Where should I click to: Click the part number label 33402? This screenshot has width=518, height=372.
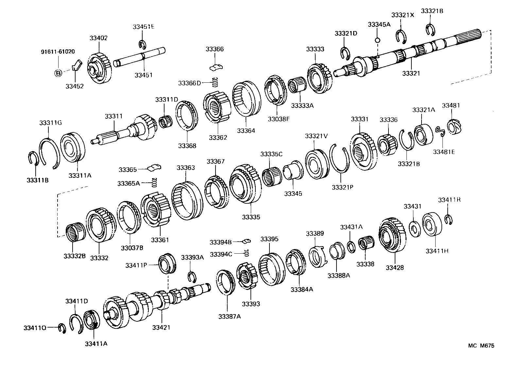(98, 38)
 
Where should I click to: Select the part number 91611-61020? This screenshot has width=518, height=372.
(58, 52)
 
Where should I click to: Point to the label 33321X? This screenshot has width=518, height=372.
(403, 15)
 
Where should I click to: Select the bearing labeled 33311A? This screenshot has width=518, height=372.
(73, 147)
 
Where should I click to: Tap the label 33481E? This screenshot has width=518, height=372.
(444, 152)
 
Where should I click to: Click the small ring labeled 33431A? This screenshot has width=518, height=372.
(351, 247)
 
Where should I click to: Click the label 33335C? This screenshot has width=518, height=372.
(271, 154)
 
